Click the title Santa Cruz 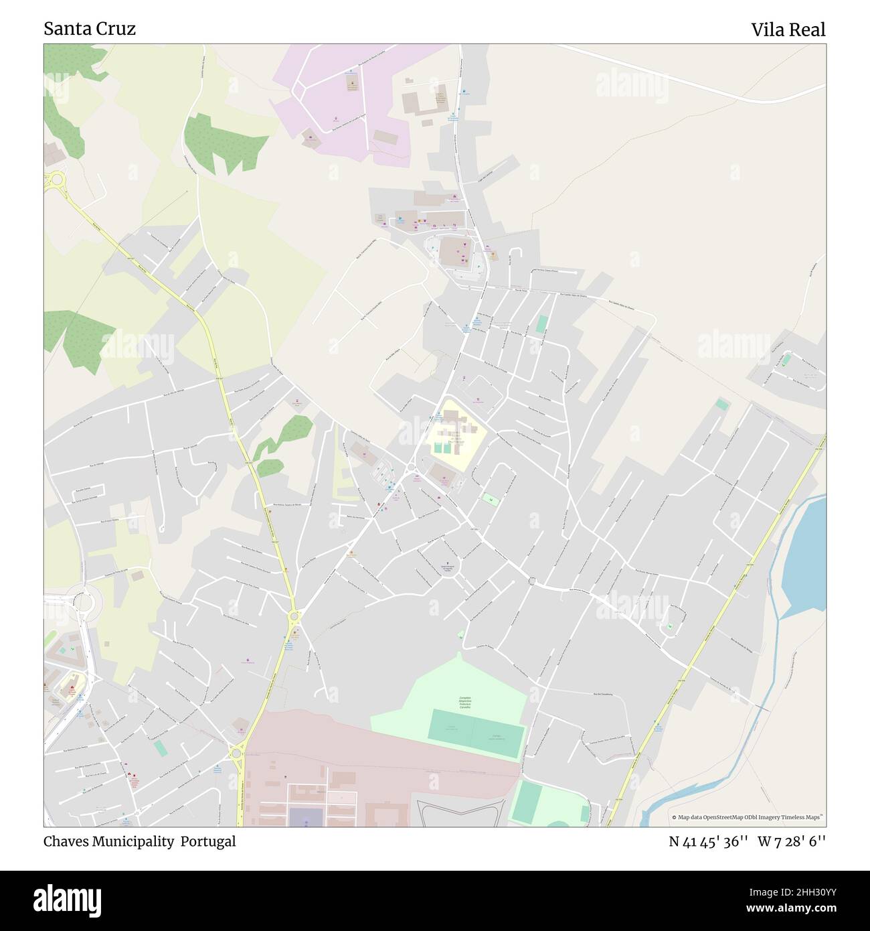[90, 29]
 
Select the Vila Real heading [788, 29]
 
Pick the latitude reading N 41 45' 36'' [708, 842]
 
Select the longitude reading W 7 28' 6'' [792, 842]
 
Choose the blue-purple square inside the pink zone [305, 816]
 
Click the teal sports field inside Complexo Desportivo [475, 733]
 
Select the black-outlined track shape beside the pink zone [462, 810]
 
